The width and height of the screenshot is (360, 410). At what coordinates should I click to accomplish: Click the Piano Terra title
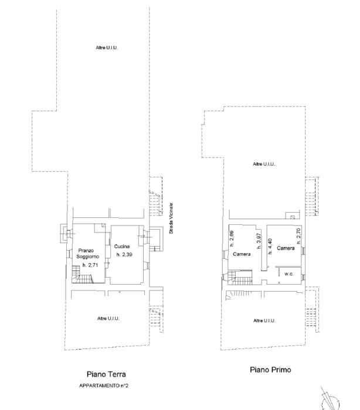(x=106, y=374)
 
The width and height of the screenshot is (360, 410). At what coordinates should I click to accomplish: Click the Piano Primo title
(x=270, y=370)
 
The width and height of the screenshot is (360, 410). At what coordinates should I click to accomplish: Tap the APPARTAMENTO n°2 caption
(x=104, y=385)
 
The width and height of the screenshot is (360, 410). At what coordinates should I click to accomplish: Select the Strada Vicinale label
(x=171, y=218)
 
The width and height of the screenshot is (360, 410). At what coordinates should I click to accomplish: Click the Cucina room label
(x=122, y=247)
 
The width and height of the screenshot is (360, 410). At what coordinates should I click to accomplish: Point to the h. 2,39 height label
(x=124, y=254)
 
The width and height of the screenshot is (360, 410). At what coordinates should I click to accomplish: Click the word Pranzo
(x=86, y=251)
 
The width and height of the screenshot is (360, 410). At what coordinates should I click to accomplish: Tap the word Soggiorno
(x=88, y=257)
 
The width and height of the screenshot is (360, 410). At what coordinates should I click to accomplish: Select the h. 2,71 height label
(x=90, y=265)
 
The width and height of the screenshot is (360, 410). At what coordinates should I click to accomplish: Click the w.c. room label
(x=289, y=274)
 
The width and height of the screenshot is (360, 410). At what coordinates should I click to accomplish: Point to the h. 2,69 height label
(x=232, y=238)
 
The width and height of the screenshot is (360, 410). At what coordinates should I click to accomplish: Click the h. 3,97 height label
(x=259, y=241)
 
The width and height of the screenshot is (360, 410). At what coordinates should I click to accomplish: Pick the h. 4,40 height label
(x=270, y=247)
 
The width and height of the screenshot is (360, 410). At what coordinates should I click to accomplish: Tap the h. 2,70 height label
(x=299, y=236)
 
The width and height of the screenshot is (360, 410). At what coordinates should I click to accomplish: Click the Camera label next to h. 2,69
(x=242, y=254)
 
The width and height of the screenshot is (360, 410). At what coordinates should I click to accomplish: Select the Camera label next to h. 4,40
(x=286, y=248)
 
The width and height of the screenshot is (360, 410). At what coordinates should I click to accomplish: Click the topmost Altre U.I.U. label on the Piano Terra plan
(x=107, y=47)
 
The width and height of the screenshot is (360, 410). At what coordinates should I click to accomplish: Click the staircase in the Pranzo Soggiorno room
(x=82, y=275)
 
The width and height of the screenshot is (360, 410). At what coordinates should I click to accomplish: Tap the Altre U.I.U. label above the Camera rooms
(x=264, y=164)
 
